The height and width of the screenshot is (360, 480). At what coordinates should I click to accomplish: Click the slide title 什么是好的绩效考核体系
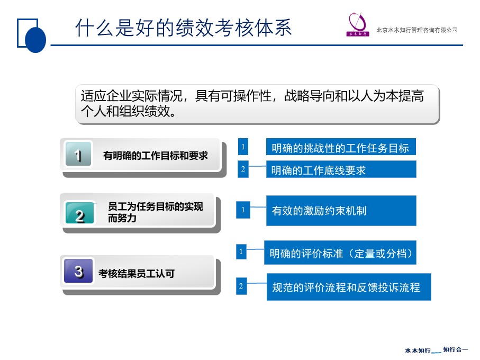tap(183, 28)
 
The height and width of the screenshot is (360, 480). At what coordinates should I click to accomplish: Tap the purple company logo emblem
tap(358, 24)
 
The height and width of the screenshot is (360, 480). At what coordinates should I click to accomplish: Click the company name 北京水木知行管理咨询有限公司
tap(417, 30)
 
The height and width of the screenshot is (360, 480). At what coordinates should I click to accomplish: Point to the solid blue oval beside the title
tap(35, 40)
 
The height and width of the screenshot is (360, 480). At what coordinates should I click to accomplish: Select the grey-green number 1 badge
tap(78, 154)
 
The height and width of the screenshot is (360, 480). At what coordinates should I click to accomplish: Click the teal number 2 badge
tap(79, 213)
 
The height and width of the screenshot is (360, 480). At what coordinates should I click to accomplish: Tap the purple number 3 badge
tap(78, 271)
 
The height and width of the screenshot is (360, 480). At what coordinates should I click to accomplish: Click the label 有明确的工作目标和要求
tap(156, 156)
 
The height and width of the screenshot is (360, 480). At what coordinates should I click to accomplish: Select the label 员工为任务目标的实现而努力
tap(156, 212)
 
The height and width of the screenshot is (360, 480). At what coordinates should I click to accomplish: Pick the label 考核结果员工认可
tap(137, 273)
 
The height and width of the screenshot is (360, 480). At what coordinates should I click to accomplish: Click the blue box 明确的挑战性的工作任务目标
tap(341, 147)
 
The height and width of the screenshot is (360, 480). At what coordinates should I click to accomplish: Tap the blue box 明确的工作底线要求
tap(341, 169)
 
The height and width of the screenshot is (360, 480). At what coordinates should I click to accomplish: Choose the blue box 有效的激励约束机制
tap(341, 211)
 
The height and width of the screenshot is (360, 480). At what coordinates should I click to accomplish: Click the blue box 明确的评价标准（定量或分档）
tap(340, 253)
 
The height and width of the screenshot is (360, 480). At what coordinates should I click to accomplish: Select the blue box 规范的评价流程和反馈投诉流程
tap(349, 287)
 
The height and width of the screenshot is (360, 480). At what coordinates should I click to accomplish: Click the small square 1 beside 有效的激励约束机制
tap(243, 210)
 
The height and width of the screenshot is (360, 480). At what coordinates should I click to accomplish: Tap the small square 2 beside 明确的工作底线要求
tap(243, 169)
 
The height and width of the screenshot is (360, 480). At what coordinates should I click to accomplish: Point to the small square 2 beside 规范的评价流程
tap(241, 286)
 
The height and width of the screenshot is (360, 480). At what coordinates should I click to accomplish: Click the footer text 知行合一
tap(455, 349)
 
